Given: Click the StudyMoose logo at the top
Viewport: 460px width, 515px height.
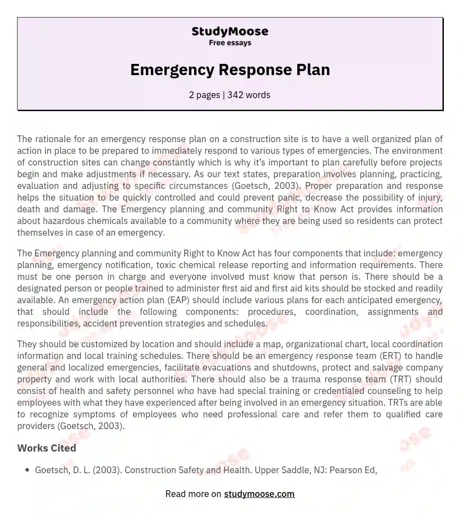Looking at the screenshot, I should click(x=230, y=31).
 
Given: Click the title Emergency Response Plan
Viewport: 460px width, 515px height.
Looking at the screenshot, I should click(x=230, y=70).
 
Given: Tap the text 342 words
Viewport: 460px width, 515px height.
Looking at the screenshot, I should click(x=249, y=95).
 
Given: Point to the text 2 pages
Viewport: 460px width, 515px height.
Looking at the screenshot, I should click(x=205, y=95).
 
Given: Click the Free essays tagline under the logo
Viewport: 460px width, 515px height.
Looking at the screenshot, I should click(x=230, y=43).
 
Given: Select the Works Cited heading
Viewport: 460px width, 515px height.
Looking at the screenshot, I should click(x=47, y=448).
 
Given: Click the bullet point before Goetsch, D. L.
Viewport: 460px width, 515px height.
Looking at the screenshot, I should click(x=27, y=470).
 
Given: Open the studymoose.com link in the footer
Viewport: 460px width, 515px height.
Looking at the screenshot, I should click(x=259, y=494).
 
